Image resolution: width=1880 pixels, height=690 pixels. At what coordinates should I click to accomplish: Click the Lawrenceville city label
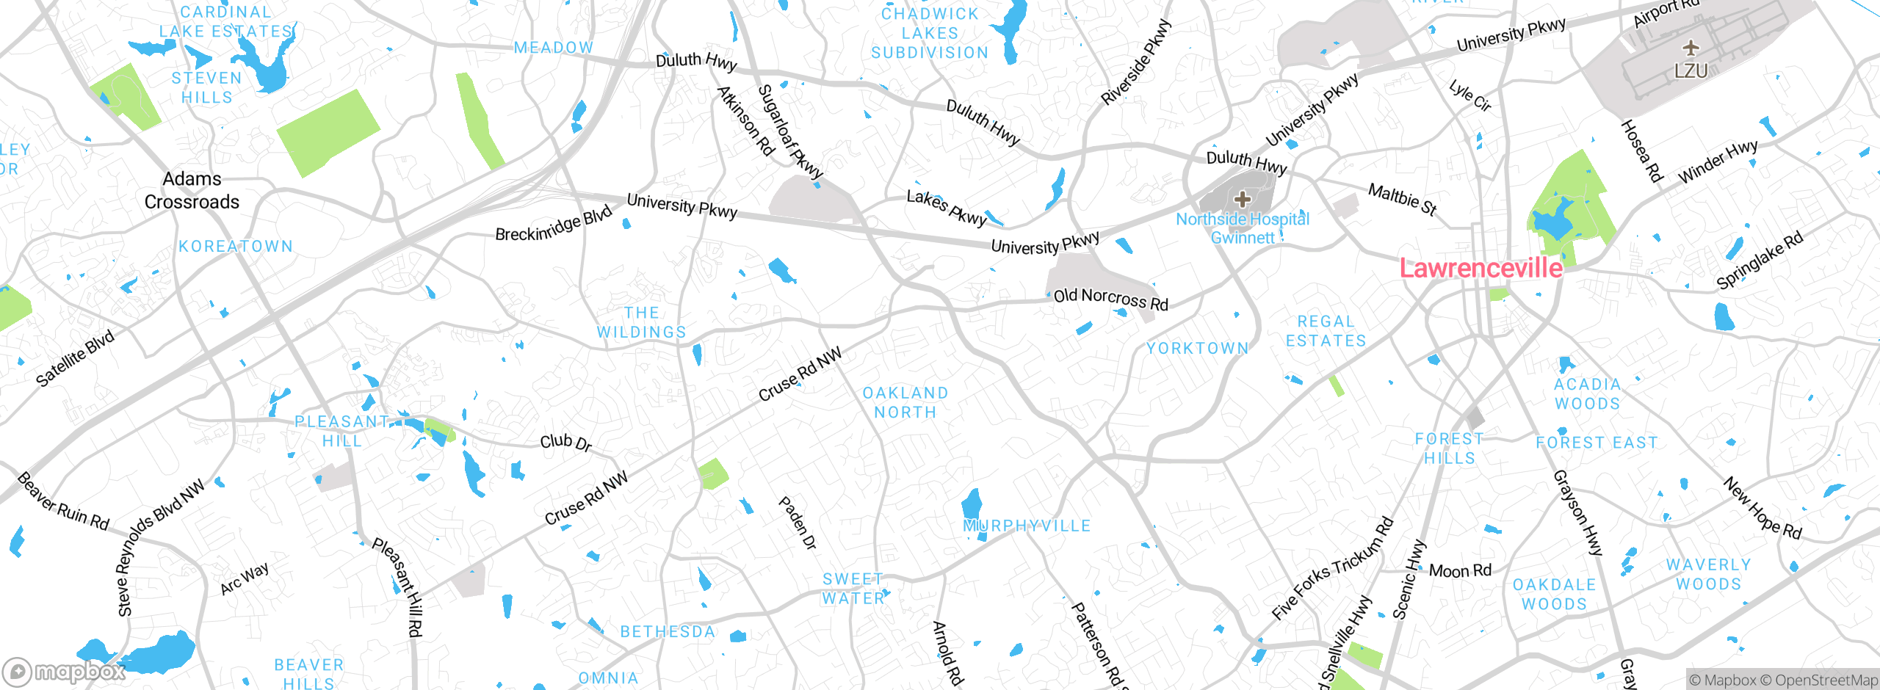pyautogui.click(x=1480, y=268)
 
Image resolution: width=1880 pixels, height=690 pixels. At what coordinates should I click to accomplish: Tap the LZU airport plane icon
pyautogui.click(x=1691, y=48)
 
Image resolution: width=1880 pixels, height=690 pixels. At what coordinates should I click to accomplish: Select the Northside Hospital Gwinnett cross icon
pyautogui.click(x=1243, y=199)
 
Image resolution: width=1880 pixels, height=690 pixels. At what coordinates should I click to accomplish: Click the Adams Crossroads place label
pyautogui.click(x=192, y=190)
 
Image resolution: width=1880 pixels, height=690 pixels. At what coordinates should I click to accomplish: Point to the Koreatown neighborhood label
pyautogui.click(x=236, y=247)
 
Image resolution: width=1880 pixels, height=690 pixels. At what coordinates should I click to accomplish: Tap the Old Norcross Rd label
pyautogui.click(x=1110, y=298)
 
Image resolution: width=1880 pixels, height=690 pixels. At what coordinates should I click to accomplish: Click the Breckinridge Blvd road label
pyautogui.click(x=553, y=224)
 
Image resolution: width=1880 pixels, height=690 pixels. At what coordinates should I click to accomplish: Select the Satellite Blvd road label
pyautogui.click(x=76, y=357)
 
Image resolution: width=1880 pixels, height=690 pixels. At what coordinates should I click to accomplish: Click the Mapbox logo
pyautogui.click(x=65, y=672)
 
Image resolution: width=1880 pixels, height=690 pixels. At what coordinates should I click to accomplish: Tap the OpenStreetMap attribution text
pyautogui.click(x=1826, y=680)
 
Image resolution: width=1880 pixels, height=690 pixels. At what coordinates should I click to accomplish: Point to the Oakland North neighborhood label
pyautogui.click(x=905, y=403)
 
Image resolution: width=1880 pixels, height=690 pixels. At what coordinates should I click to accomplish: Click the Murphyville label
pyautogui.click(x=1027, y=526)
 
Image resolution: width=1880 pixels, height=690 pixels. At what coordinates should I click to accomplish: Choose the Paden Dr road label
pyautogui.click(x=798, y=523)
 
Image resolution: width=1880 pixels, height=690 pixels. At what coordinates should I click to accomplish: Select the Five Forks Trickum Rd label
pyautogui.click(x=1332, y=568)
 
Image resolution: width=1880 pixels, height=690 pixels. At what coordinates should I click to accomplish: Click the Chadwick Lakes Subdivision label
pyautogui.click(x=930, y=34)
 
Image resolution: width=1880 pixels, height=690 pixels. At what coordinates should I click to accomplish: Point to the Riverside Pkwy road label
pyautogui.click(x=1135, y=62)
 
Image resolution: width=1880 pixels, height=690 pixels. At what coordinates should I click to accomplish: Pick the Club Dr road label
pyautogui.click(x=565, y=442)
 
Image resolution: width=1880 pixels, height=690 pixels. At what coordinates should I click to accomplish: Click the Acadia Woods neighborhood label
pyautogui.click(x=1587, y=394)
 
